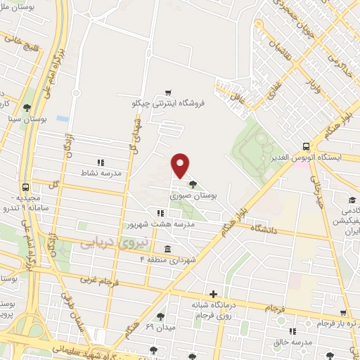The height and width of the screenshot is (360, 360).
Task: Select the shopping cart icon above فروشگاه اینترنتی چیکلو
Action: click(168, 92)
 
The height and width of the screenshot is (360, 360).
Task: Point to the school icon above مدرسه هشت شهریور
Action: click(161, 212)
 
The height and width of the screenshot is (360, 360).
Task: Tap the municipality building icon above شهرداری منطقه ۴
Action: click(167, 250)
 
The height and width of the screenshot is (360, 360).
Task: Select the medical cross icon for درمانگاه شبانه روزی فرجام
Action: click(214, 294)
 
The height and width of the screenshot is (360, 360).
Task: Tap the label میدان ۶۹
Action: click(160, 328)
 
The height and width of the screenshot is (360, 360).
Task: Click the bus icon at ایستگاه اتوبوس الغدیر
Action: click(307, 146)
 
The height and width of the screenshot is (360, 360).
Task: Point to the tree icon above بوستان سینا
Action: click(27, 107)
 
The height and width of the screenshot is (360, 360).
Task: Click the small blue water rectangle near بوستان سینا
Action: click(63, 119)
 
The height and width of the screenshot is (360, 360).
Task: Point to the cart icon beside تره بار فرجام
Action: click(342, 314)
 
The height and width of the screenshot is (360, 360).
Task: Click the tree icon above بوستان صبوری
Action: click(193, 185)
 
